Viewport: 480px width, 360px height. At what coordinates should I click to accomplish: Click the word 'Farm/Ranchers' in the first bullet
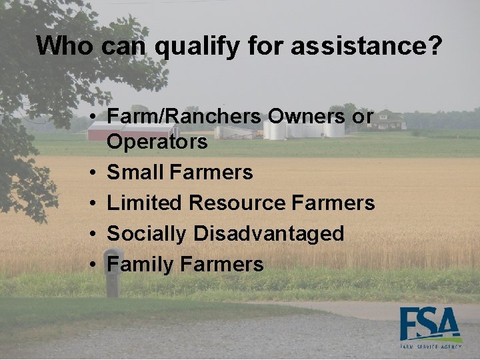pyautogui.click(x=184, y=116)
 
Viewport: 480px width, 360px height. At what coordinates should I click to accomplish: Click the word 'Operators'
pyautogui.click(x=157, y=142)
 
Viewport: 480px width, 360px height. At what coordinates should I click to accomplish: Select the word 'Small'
pyautogui.click(x=135, y=173)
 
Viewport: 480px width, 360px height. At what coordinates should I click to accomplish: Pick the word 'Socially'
pyautogui.click(x=147, y=234)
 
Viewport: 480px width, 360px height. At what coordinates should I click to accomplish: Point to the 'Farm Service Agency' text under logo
pyautogui.click(x=431, y=347)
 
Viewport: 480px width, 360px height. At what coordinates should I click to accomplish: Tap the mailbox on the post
pyautogui.click(x=114, y=257)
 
